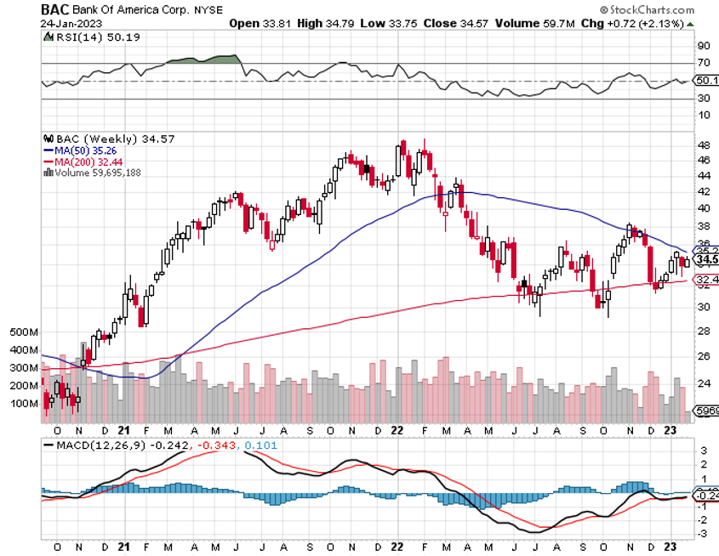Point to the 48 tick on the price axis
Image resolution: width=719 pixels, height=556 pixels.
[703, 145]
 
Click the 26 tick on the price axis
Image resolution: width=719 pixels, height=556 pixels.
[703, 356]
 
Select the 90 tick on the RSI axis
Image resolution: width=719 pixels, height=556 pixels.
[703, 46]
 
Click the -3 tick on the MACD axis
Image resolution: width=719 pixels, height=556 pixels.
[703, 533]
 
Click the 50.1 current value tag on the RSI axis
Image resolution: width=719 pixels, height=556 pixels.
[705, 81]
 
